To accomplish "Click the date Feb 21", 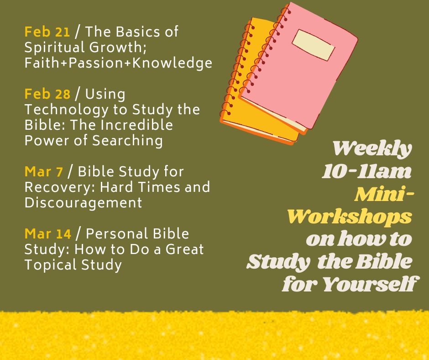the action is (x=47, y=32).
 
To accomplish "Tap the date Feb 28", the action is (x=47, y=94).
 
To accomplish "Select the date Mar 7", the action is (x=44, y=172).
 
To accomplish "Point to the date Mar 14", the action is (x=48, y=234).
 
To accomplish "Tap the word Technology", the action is (x=67, y=110).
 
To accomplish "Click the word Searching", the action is (x=127, y=141).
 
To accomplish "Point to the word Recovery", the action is (x=60, y=188).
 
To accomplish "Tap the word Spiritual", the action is (x=54, y=48).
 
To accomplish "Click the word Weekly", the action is (x=372, y=149).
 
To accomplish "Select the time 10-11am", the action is (x=366, y=172).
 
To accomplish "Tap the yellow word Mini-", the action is (x=384, y=195).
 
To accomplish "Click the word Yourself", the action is (x=371, y=284).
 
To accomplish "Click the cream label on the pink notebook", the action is (x=313, y=45).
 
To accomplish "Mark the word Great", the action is (x=185, y=249).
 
